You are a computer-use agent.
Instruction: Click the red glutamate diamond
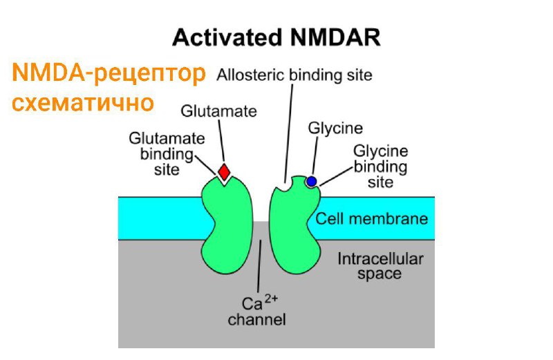[x=224, y=172]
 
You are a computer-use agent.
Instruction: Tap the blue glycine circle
[x=312, y=181]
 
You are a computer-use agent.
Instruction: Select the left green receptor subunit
[x=227, y=225]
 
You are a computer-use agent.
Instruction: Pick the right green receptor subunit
[x=295, y=225]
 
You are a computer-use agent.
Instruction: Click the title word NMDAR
[x=336, y=37]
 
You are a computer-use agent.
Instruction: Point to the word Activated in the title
[x=228, y=37]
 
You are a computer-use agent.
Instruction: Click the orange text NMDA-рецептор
[x=109, y=73]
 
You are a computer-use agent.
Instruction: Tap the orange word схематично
[x=83, y=102]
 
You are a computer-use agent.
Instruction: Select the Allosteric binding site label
[x=294, y=75]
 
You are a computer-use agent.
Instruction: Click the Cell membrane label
[x=372, y=218]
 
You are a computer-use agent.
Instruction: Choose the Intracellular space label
[x=380, y=266]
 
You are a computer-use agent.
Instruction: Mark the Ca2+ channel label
[x=256, y=311]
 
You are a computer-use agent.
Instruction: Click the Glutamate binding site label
[x=167, y=153]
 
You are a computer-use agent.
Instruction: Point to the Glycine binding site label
[x=381, y=167]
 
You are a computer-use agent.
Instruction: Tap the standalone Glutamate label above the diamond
[x=218, y=111]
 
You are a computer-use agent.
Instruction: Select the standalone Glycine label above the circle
[x=335, y=128]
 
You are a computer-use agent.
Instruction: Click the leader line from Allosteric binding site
[x=289, y=133]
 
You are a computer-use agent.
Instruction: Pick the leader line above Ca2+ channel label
[x=260, y=266]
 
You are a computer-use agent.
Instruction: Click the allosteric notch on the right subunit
[x=284, y=184]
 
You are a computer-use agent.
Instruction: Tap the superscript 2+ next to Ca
[x=271, y=299]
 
